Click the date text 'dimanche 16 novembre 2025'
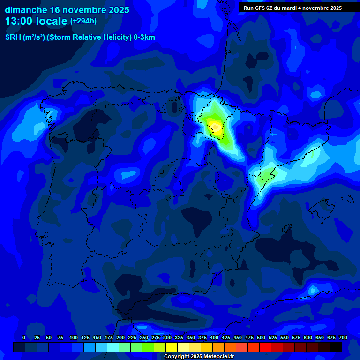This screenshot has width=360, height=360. [x=67, y=10]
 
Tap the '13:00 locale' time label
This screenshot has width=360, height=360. [x=36, y=21]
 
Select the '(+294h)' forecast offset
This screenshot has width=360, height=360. [x=83, y=21]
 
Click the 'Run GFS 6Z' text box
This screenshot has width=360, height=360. [x=292, y=8]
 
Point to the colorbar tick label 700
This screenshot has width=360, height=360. [x=343, y=337]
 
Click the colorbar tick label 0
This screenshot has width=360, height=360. [x=24, y=337]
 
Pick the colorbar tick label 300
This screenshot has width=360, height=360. [x=167, y=337]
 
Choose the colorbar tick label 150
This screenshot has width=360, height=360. [x=97, y=337]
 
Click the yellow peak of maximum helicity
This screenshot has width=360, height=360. [x=215, y=126]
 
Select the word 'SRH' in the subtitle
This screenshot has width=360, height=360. [x=13, y=37]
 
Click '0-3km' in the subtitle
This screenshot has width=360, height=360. [x=144, y=37]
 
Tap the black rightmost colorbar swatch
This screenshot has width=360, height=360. [x=336, y=347]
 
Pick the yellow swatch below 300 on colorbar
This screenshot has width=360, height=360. [x=172, y=347]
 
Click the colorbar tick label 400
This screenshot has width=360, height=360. [x=214, y=337]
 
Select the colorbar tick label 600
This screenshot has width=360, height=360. [x=308, y=337]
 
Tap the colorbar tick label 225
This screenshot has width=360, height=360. [x=132, y=337]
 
